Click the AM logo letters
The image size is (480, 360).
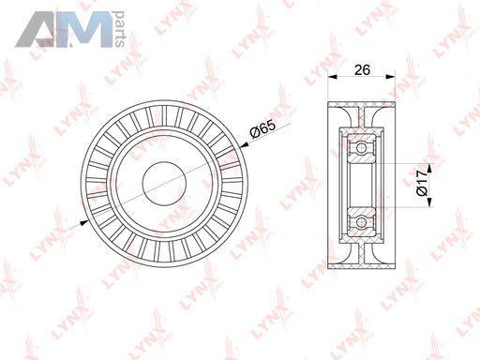pos(64,30)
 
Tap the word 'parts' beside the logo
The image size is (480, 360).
pos(119,29)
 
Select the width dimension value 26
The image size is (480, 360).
pos(362,69)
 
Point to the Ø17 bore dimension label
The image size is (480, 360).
pos(422,183)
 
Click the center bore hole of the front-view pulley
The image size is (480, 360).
pos(164,184)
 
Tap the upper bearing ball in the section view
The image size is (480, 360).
pos(362,147)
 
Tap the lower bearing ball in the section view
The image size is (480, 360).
pos(362,222)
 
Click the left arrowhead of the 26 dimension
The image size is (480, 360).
pos(332,77)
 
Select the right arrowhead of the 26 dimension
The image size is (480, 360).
pos(391,77)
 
